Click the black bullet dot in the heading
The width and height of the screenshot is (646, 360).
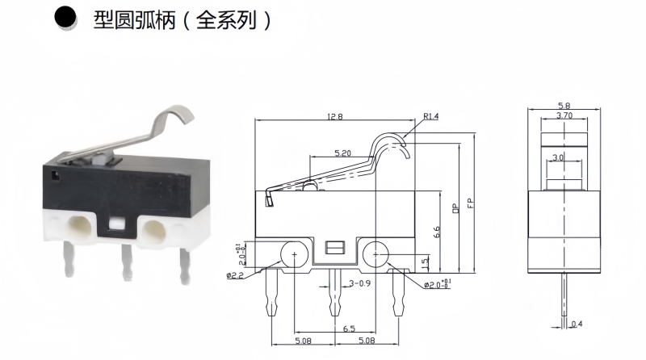tap(65, 19)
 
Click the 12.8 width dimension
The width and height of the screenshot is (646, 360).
tap(334, 117)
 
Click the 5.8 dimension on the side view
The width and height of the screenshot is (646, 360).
tap(564, 106)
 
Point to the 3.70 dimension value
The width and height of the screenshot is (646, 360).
tap(564, 116)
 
